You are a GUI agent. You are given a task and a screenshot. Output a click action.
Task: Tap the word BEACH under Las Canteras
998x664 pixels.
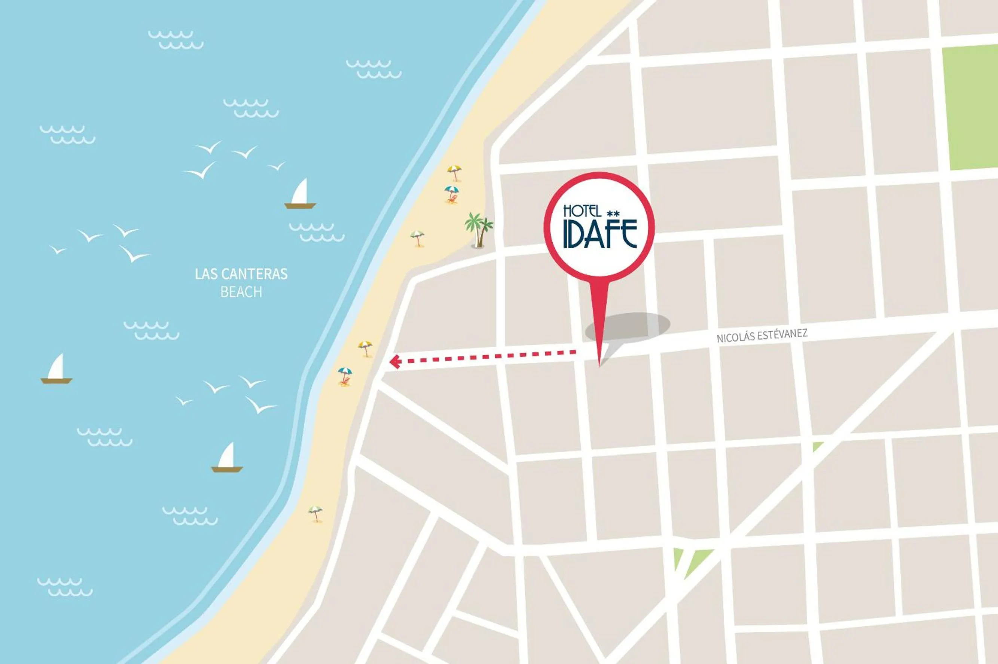[x=241, y=292]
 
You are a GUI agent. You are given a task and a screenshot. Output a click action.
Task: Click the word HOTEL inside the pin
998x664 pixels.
[x=582, y=211]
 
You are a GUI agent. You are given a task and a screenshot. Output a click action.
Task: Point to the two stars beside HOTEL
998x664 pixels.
[x=614, y=213]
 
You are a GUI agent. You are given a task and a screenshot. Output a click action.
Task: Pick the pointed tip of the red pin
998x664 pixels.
[x=599, y=365]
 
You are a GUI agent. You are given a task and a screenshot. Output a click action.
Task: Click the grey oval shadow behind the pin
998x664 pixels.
[x=636, y=326]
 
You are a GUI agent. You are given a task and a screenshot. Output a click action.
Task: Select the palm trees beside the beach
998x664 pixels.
[x=479, y=230]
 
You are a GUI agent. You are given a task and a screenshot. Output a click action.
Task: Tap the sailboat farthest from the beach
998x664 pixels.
[x=57, y=369]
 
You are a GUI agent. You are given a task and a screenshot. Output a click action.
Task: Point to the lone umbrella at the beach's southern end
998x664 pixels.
[x=315, y=513]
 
